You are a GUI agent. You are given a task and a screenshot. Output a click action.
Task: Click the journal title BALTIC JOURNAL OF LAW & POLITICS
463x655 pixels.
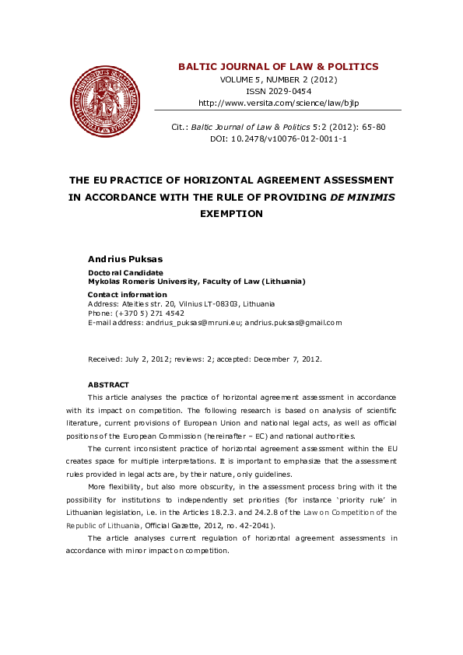[x=278, y=67]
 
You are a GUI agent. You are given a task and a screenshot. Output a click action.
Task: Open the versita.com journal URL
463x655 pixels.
[x=278, y=103]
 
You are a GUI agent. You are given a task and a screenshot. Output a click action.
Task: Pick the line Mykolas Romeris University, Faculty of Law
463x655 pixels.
[x=196, y=281]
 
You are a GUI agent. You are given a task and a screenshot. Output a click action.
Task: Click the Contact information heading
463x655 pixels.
[x=127, y=295]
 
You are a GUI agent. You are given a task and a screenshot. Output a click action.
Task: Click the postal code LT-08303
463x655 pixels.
[x=224, y=304]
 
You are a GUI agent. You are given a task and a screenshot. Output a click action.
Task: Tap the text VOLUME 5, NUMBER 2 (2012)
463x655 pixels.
[x=278, y=79]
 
